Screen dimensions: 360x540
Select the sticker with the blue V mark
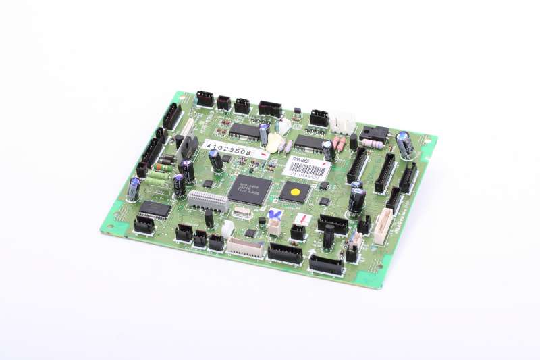pyautogui.click(x=274, y=215)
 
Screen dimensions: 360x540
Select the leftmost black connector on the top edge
pyautogui.click(x=205, y=99)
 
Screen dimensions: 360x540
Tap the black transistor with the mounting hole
pyautogui.click(x=374, y=134)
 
